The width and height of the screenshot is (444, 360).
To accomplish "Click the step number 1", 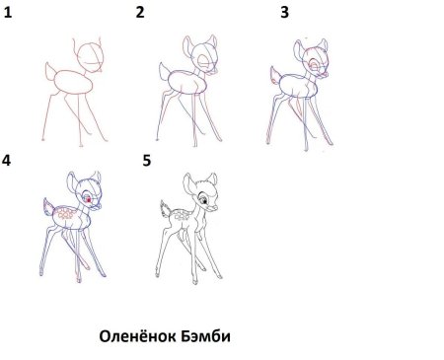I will pos(9,13).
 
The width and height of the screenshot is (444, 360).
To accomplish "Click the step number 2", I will pos(140,13).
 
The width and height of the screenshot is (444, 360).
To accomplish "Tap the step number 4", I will pos(9,161).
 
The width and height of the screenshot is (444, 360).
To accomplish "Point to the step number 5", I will pos(147,160).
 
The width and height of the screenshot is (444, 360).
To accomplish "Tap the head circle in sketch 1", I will pos(92,55).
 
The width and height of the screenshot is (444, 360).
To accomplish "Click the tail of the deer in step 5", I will pos(166,207).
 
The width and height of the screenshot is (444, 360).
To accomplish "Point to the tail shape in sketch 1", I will pos(50,71).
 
